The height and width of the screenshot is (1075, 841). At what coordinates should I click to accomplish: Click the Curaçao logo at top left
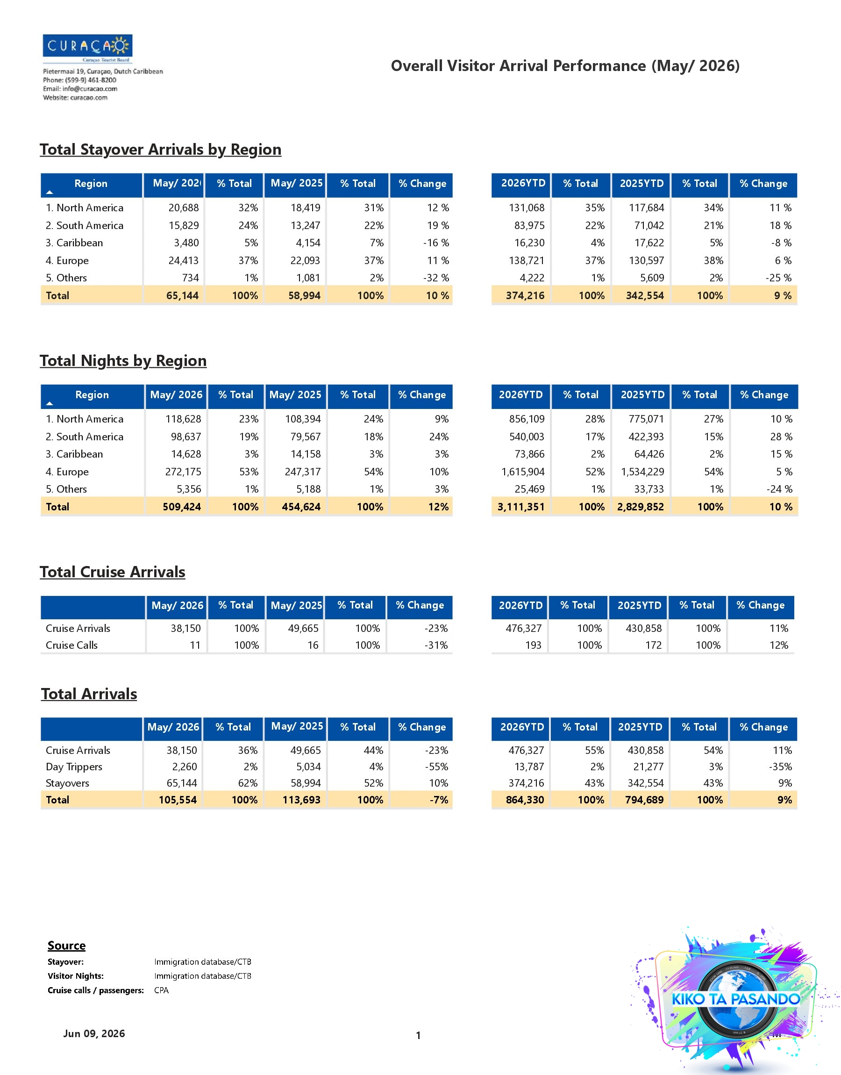click(88, 48)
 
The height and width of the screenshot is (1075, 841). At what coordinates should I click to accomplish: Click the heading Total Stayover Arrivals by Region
click(161, 149)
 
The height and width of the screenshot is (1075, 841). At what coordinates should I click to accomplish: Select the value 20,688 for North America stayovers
click(184, 208)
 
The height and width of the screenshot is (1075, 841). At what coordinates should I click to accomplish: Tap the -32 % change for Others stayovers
click(436, 278)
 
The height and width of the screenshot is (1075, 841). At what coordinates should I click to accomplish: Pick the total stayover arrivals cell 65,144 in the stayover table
click(183, 295)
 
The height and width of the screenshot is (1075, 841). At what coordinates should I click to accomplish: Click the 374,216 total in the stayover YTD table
click(525, 295)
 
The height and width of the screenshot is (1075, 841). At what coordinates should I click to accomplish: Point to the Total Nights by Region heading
click(123, 360)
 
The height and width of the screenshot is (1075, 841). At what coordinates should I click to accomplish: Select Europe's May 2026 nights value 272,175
click(183, 472)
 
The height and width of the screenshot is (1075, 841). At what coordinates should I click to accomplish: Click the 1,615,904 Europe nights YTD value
click(523, 472)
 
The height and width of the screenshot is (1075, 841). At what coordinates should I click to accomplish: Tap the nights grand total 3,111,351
click(521, 507)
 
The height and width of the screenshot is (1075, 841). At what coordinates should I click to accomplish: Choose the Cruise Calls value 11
click(195, 645)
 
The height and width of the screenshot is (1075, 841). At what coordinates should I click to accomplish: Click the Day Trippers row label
click(74, 767)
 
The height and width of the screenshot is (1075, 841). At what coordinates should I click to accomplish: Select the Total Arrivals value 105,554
click(178, 800)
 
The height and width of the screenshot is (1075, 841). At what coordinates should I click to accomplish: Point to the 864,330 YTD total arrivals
click(525, 800)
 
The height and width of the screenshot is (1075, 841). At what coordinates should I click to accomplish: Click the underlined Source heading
click(66, 946)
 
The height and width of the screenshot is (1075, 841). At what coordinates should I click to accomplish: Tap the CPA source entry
click(162, 990)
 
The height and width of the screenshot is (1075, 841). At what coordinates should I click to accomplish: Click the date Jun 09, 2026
click(94, 1033)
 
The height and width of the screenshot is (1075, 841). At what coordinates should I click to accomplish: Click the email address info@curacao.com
click(90, 89)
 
